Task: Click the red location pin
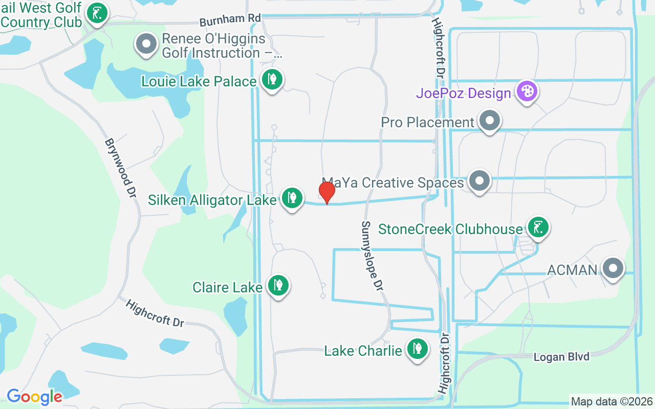[326, 192]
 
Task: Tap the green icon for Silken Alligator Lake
[292, 197]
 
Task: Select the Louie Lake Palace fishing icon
[272, 79]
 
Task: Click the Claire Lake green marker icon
[278, 285]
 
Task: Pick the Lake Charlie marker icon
[417, 349]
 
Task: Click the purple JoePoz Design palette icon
[527, 92]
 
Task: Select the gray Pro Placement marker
[490, 121]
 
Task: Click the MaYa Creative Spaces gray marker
[479, 180]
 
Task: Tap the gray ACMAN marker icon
[612, 267]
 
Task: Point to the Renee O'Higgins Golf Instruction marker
[147, 44]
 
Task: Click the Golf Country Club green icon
[97, 13]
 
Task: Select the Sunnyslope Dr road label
[372, 256]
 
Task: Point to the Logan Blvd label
[561, 357]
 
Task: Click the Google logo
[34, 396]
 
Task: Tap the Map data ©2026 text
[612, 401]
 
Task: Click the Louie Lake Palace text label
[199, 82]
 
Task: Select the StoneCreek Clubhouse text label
[450, 229]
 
